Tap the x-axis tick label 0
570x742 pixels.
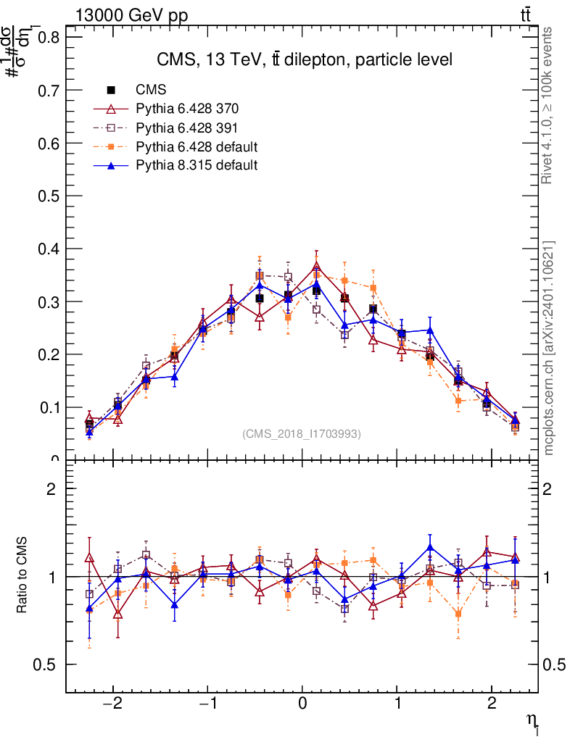pyautogui.click(x=302, y=705)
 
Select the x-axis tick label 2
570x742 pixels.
pyautogui.click(x=492, y=705)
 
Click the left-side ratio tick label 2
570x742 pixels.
pyautogui.click(x=51, y=489)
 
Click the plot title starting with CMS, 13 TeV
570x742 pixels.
pyautogui.click(x=305, y=60)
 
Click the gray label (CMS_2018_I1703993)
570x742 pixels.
pyautogui.click(x=302, y=433)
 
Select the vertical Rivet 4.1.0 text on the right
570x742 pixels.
pyautogui.click(x=548, y=106)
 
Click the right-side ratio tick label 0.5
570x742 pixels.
pyautogui.click(x=556, y=664)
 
